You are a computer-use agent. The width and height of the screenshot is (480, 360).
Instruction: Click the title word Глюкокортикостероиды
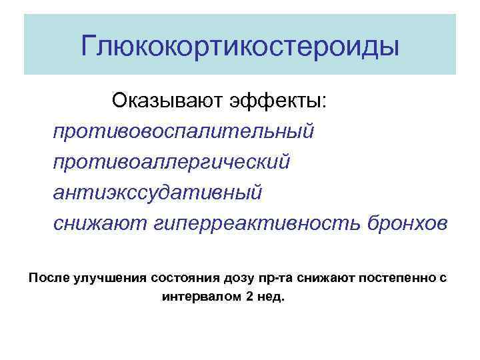[240, 47]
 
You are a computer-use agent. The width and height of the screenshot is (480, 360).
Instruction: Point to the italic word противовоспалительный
[183, 131]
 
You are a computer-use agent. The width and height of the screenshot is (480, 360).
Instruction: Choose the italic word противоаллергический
[172, 162]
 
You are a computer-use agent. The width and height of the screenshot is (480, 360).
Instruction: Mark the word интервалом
[201, 296]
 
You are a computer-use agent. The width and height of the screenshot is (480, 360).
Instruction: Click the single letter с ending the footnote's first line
[443, 277]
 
